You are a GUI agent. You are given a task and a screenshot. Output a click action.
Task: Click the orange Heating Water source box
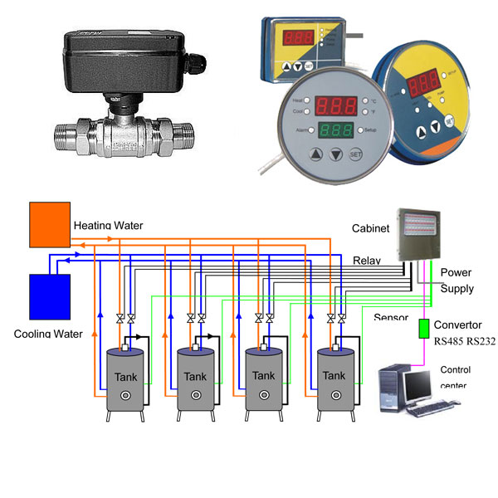click(49, 224)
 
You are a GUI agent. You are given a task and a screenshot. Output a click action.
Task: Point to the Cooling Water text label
click(49, 334)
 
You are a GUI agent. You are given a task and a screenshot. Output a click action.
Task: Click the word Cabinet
click(371, 227)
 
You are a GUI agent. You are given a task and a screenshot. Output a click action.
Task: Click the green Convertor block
click(423, 327)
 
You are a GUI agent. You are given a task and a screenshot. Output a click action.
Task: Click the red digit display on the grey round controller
click(335, 105)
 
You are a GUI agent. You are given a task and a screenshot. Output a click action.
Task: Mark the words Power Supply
click(457, 281)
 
